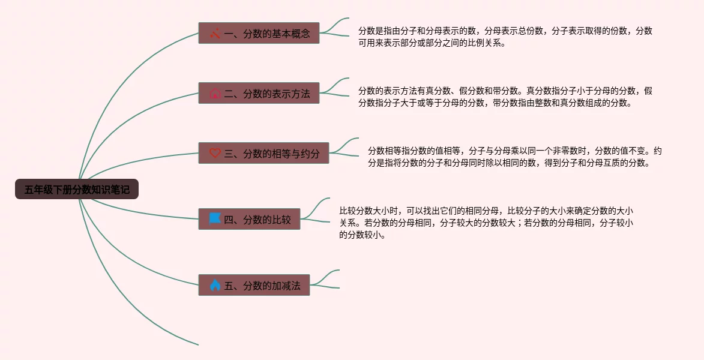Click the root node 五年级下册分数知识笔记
(x=77, y=190)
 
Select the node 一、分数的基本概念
(x=259, y=33)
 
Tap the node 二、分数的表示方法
(x=259, y=93)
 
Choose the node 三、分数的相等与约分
(x=263, y=153)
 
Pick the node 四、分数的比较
(x=249, y=219)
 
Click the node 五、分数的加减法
(x=254, y=285)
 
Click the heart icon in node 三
(x=215, y=153)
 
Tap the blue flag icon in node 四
(x=215, y=219)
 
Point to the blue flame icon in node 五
(x=215, y=285)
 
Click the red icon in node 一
(x=215, y=33)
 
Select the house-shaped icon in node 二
(x=215, y=94)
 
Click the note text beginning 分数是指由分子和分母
(x=505, y=37)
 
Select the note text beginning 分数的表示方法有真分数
(x=505, y=97)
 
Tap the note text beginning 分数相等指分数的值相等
(x=514, y=156)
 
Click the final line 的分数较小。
(x=363, y=235)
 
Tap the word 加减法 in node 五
(x=286, y=286)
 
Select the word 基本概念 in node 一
(x=291, y=34)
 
